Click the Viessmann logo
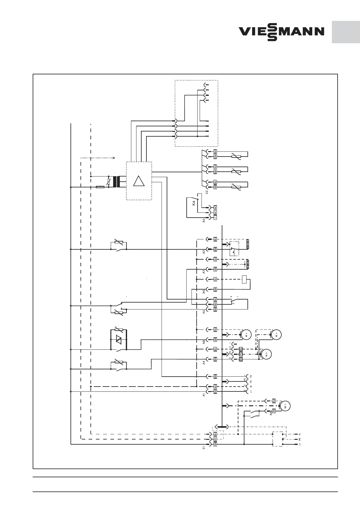point(281,32)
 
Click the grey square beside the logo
point(346,32)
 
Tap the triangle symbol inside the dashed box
point(139,181)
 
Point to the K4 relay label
point(194,203)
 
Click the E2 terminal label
point(207,192)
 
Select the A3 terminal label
point(204,221)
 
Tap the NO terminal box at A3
point(215,207)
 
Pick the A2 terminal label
point(204,251)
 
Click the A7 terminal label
point(204,271)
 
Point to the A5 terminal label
point(204,311)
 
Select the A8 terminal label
point(204,342)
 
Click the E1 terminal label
point(204,447)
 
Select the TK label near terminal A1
point(251,376)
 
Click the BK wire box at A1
point(215,392)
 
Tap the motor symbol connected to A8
point(246,335)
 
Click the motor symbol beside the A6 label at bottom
point(285,406)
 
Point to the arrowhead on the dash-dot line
point(114,157)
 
